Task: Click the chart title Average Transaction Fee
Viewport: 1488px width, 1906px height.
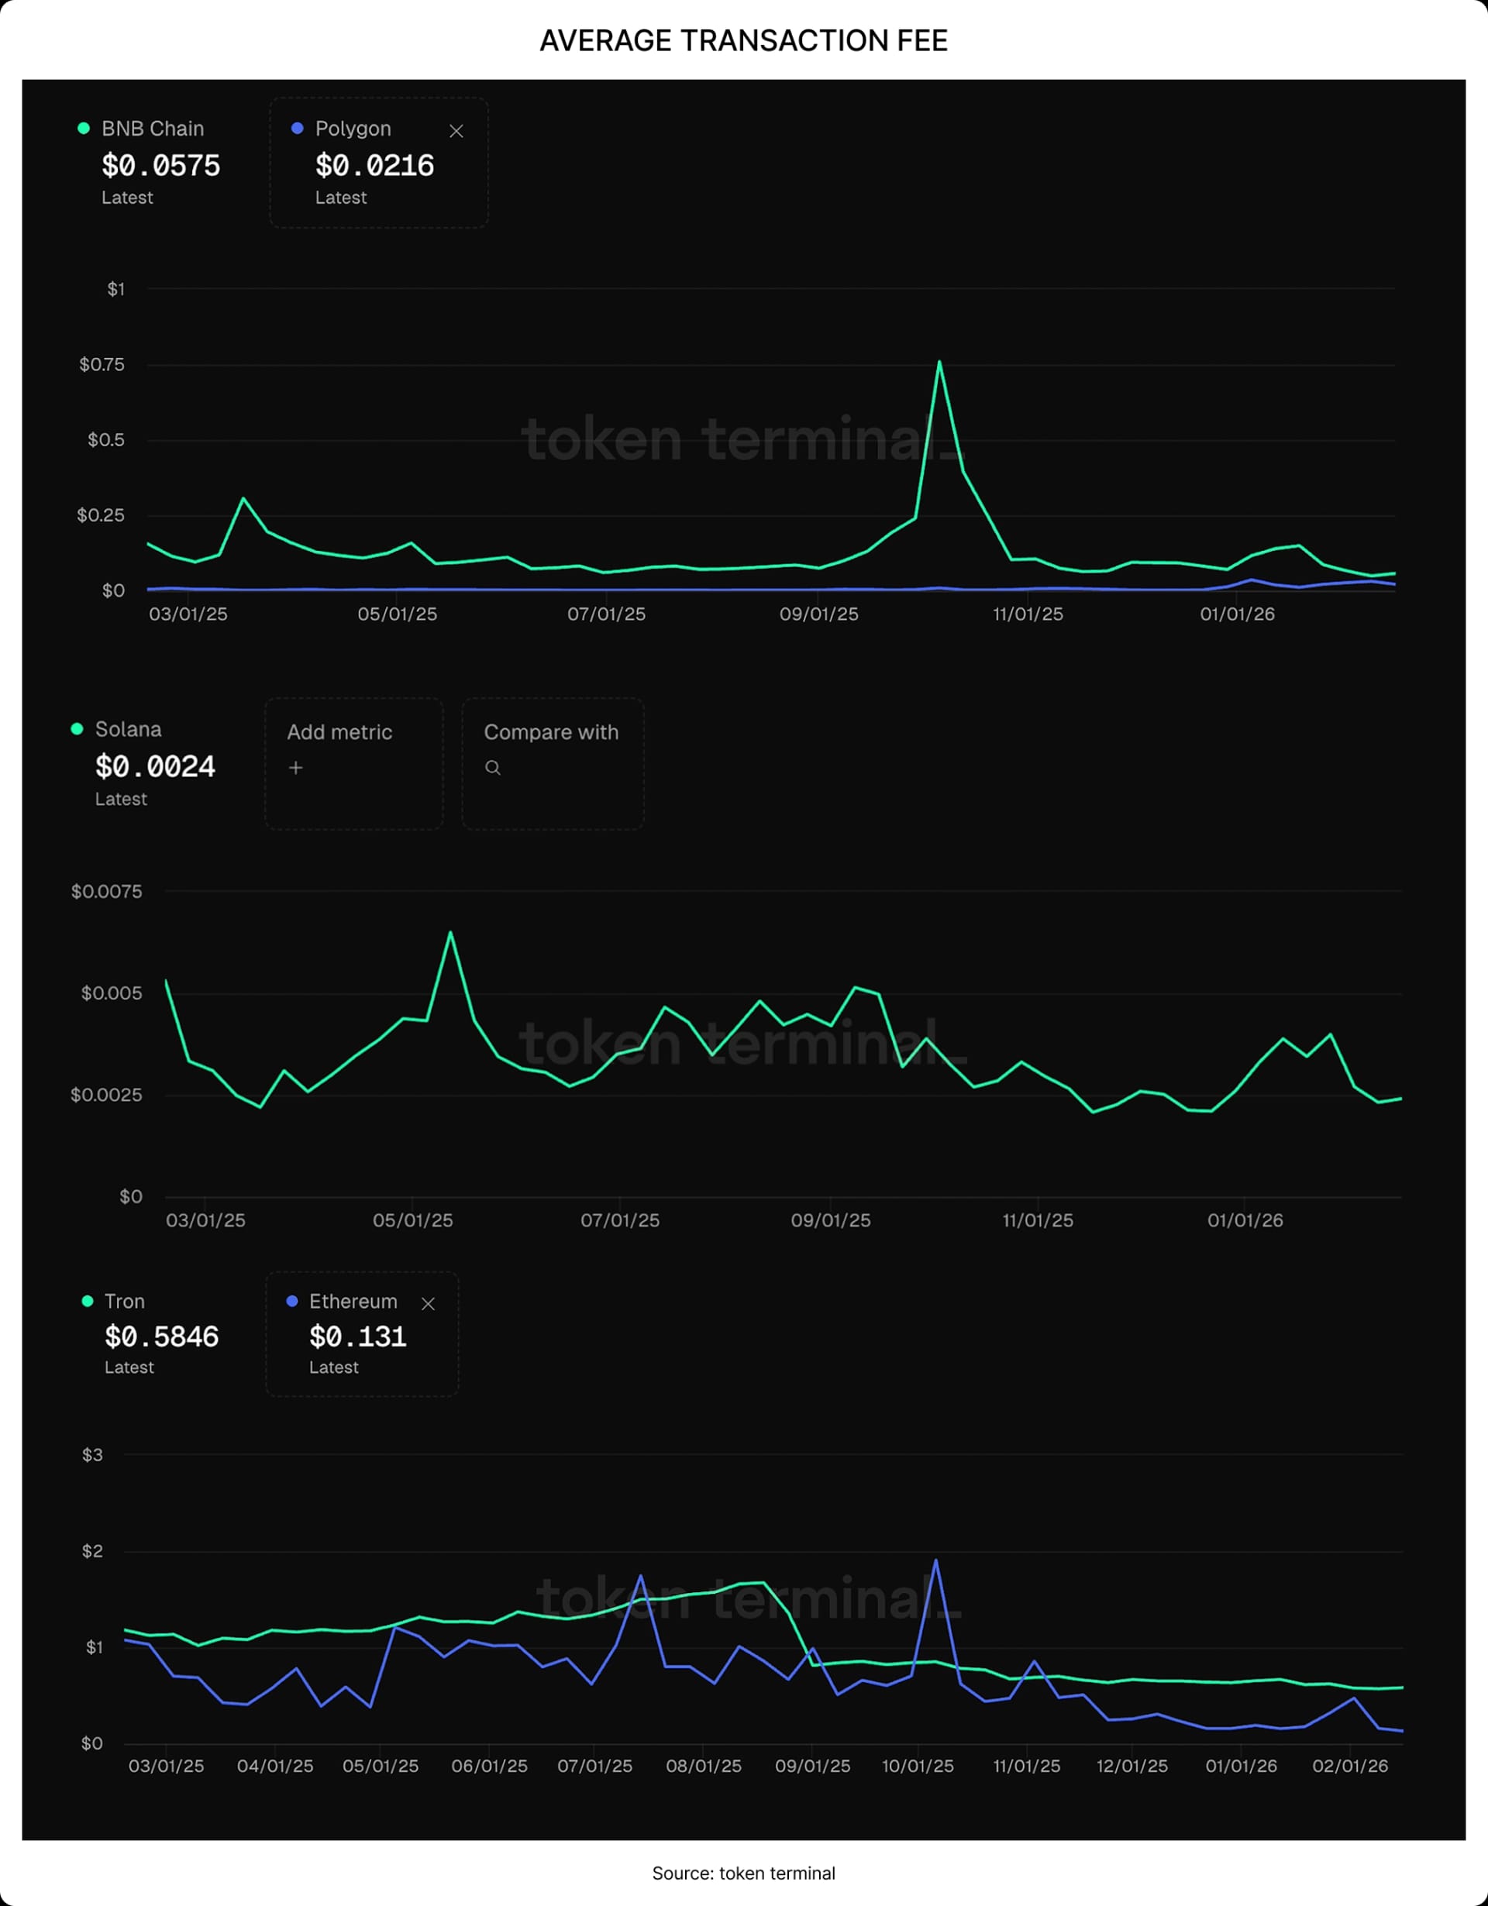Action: pos(743,41)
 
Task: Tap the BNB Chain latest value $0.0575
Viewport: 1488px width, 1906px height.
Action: pos(160,166)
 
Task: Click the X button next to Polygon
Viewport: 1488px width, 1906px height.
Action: pos(456,131)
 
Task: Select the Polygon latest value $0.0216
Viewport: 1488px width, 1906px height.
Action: pos(374,166)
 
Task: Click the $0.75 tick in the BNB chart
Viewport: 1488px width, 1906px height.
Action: pos(102,365)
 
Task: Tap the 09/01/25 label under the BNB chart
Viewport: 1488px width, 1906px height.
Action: pos(818,614)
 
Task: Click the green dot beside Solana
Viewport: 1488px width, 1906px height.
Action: pos(77,729)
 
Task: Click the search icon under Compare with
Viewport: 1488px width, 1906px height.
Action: pos(493,768)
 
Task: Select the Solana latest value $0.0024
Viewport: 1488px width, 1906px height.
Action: pos(154,767)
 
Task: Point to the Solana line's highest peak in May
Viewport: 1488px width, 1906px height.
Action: pos(450,933)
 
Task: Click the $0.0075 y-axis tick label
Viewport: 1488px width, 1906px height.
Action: pos(106,892)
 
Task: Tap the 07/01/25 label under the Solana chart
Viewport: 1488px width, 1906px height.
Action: pos(620,1221)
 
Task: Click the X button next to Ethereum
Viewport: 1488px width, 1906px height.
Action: pos(428,1304)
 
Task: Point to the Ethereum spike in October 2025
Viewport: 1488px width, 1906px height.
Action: pos(935,1561)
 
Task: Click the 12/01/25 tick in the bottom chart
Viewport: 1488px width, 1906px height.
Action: pos(1132,1767)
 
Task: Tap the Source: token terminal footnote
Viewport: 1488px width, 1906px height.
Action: pos(743,1873)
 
